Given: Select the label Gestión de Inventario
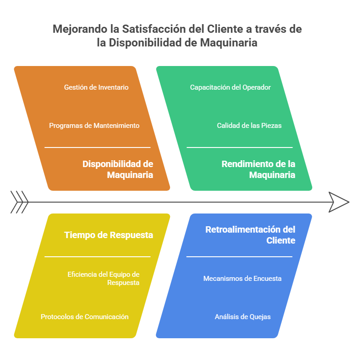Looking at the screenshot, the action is (96, 87).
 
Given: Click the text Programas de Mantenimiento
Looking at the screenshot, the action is (94, 126).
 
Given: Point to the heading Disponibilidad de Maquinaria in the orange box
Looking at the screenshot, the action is (118, 169).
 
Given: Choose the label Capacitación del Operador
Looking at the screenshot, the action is (230, 87).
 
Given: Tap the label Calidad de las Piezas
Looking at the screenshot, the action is (249, 126).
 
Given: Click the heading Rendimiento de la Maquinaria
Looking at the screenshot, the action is (258, 169).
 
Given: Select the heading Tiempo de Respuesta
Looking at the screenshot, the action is (108, 235).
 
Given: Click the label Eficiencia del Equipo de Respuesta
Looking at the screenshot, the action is (103, 278).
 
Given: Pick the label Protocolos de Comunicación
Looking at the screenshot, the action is (85, 317).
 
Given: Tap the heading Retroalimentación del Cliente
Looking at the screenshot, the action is (250, 235).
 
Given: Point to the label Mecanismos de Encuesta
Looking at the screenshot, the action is (242, 278).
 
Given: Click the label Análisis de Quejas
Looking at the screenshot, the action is (243, 317).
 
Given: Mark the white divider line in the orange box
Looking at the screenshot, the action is (98, 147).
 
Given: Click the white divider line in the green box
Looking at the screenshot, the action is (240, 147).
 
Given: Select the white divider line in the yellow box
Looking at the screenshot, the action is (98, 256).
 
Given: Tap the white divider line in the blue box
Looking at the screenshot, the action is (239, 256).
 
